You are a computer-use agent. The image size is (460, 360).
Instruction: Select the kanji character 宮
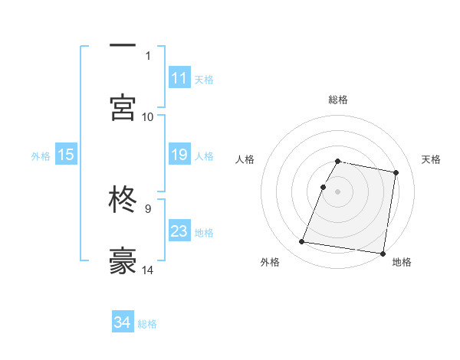coord(123,107)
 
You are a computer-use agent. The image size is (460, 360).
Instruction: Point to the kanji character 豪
coord(123,260)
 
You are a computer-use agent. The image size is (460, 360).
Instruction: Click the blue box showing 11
coord(179,78)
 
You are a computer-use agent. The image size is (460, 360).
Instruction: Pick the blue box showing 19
coord(179,155)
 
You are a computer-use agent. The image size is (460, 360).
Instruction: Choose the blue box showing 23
coord(179,231)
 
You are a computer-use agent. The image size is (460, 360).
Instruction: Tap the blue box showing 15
coord(66,155)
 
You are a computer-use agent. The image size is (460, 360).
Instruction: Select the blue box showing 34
coord(123,322)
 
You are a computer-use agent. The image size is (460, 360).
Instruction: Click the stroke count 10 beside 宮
coord(148,116)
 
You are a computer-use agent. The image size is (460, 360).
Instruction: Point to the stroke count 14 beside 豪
coord(148,270)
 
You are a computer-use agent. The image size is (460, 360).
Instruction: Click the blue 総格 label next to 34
coord(147,324)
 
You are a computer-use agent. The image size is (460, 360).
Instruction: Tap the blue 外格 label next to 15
coord(41,155)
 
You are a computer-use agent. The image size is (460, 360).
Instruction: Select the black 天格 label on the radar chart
coord(432,159)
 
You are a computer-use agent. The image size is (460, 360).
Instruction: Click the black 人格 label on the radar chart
coord(245,159)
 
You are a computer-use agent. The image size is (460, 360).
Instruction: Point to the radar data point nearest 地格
coord(383,253)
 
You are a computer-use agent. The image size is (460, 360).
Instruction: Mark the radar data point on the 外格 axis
coord(302,242)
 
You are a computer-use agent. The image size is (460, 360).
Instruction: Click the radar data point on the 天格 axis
coord(396,173)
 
